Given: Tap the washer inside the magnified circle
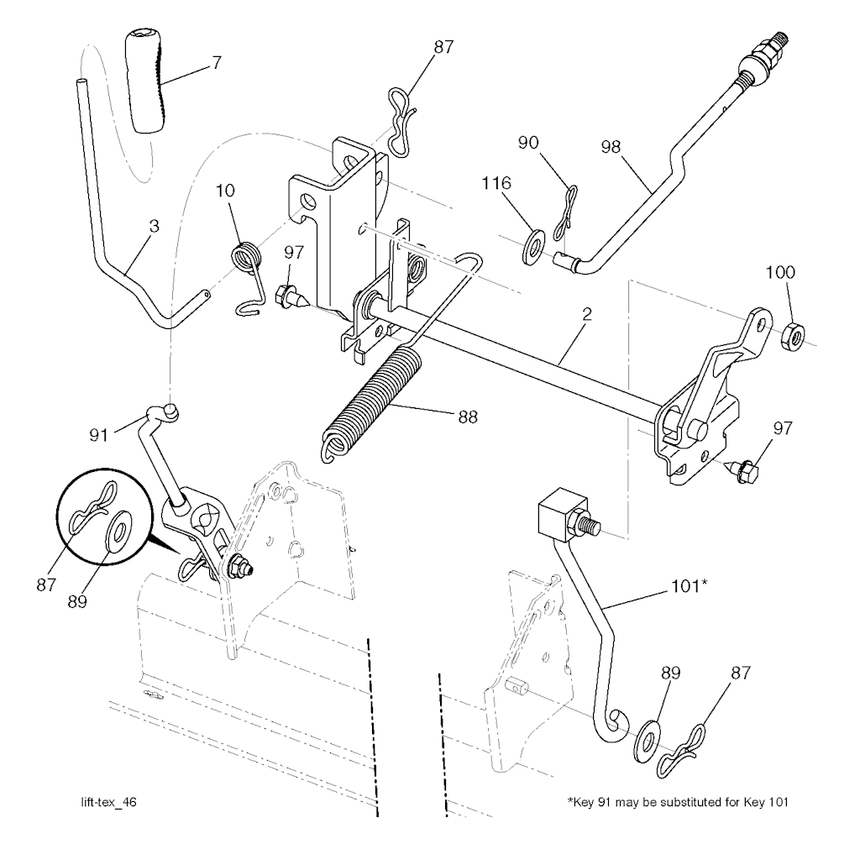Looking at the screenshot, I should (118, 531).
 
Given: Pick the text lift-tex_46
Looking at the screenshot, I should (103, 802).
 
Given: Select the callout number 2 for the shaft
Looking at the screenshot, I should (586, 315).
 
